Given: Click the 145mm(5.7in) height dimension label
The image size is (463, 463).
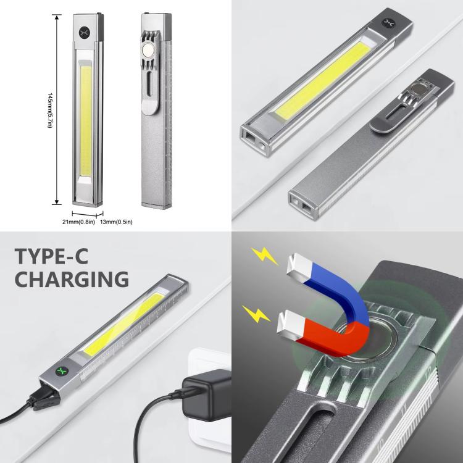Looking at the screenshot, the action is click(50, 111).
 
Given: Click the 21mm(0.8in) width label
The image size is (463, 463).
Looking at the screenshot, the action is click(78, 222).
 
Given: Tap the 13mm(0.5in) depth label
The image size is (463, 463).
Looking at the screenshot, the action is click(116, 222).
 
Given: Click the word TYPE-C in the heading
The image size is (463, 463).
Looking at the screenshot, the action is click(52, 256).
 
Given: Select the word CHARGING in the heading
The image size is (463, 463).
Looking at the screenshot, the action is click(72, 279).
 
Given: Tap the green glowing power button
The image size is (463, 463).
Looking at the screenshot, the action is click(62, 371).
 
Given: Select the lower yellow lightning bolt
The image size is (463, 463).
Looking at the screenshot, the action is click(256, 314).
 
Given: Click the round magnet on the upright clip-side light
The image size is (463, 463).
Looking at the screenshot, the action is click(148, 50).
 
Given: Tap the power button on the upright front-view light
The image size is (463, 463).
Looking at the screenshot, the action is click(84, 32).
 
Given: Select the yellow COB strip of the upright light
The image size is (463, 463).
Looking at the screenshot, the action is click(86, 121).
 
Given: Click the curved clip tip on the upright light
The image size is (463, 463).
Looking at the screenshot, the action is click(151, 109).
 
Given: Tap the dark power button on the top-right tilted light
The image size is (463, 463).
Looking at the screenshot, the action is click(388, 23).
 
